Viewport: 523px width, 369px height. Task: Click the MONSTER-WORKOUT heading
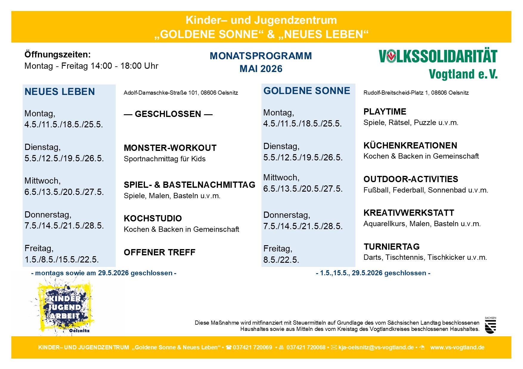coord(170,148)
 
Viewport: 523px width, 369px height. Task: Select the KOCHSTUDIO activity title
coord(153,218)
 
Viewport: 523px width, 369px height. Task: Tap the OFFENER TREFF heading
coord(160,252)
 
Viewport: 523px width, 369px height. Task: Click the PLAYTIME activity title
coord(385,112)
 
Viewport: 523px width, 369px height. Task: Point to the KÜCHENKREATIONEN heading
coord(410,146)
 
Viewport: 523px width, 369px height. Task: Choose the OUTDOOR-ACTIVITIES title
coord(411,179)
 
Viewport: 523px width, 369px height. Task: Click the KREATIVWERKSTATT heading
coord(409,213)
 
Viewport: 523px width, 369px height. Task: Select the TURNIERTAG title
coord(392,247)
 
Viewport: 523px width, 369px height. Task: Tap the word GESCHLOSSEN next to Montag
coord(168,114)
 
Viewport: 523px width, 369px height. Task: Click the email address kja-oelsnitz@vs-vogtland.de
coord(376,348)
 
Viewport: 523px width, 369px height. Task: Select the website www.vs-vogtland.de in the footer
coord(457,348)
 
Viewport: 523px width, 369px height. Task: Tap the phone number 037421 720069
coord(252,348)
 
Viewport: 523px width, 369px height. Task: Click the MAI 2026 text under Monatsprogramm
coord(261,69)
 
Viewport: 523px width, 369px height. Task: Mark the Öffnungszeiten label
coord(58,55)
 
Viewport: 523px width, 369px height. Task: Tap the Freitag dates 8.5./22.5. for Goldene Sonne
coord(281,260)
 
